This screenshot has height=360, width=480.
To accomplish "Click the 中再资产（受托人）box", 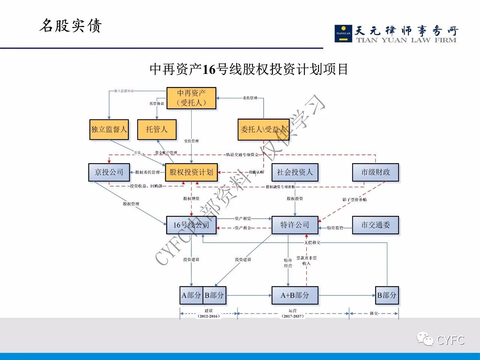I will click(191, 98).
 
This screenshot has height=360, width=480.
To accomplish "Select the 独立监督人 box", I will click(109, 129).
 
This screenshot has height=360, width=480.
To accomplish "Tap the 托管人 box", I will click(156, 129).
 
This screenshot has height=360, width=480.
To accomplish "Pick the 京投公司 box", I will click(109, 172).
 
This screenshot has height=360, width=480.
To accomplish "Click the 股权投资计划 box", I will click(191, 172).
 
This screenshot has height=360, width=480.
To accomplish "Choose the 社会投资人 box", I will click(295, 172).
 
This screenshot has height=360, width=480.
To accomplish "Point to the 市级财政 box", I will click(375, 172).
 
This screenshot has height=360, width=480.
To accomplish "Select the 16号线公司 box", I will click(191, 225).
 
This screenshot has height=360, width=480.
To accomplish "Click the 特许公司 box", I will click(295, 225).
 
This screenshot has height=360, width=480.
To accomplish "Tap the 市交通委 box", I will click(375, 225).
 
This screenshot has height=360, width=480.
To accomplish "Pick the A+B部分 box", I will click(295, 295).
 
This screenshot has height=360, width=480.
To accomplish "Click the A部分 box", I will click(191, 295).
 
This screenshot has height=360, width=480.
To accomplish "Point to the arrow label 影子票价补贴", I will click(354, 200).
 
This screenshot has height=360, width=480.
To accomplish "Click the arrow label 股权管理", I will click(131, 204).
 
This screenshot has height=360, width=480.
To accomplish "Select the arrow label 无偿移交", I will click(312, 243).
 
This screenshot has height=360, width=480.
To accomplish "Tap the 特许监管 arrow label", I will click(335, 228).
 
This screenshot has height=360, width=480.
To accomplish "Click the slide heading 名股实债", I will click(70, 26).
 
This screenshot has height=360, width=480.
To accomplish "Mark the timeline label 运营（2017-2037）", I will click(292, 313).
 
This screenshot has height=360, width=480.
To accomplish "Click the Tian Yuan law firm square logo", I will click(343, 33).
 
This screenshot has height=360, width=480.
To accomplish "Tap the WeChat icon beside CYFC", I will click(425, 339).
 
